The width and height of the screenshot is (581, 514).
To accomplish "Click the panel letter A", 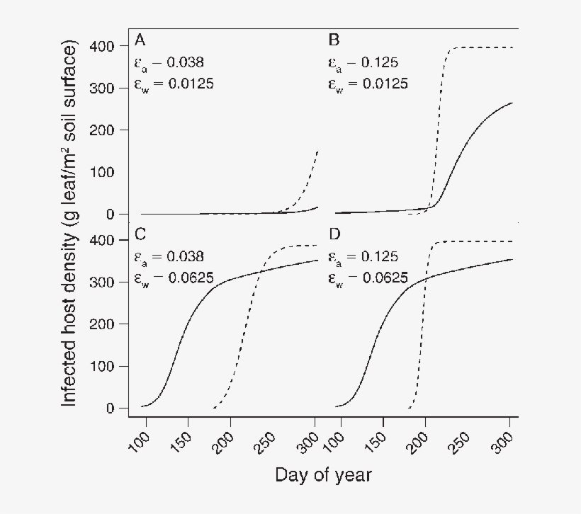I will tap(140, 40).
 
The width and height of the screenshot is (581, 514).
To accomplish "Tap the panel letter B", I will tap(333, 40).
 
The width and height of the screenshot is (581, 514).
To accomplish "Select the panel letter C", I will tap(140, 234).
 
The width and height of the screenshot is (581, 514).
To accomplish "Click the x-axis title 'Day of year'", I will tap(322, 474).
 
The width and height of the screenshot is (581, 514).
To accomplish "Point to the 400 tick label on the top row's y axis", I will tap(104, 47).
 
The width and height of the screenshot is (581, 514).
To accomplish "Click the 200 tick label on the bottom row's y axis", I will tap(104, 324).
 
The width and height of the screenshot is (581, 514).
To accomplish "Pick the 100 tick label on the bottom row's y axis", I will tap(104, 366).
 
